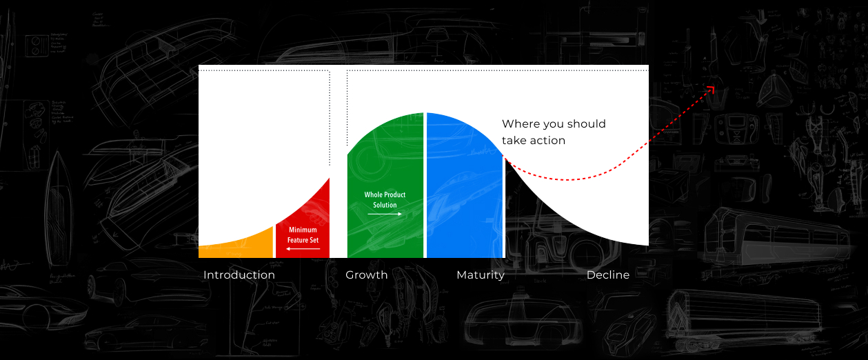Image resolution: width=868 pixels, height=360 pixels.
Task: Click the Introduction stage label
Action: tap(239, 274)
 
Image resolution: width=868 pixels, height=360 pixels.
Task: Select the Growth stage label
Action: tap(367, 274)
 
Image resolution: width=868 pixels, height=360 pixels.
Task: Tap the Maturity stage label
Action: tap(481, 275)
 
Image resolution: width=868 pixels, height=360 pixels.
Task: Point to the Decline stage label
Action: tap(608, 274)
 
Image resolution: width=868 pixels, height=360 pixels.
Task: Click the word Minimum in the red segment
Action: tap(303, 230)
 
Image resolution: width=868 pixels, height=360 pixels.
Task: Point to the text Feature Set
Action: tap(303, 240)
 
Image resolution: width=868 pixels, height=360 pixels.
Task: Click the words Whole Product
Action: tap(385, 194)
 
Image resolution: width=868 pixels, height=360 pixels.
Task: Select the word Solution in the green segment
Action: tap(385, 205)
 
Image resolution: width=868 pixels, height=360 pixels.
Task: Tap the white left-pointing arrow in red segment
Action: tap(303, 249)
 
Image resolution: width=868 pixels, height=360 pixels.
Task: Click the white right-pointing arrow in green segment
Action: tap(385, 214)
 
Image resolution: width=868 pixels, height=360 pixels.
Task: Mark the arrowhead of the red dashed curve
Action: tap(711, 90)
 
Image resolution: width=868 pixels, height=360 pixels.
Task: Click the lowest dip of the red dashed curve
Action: tap(567, 180)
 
